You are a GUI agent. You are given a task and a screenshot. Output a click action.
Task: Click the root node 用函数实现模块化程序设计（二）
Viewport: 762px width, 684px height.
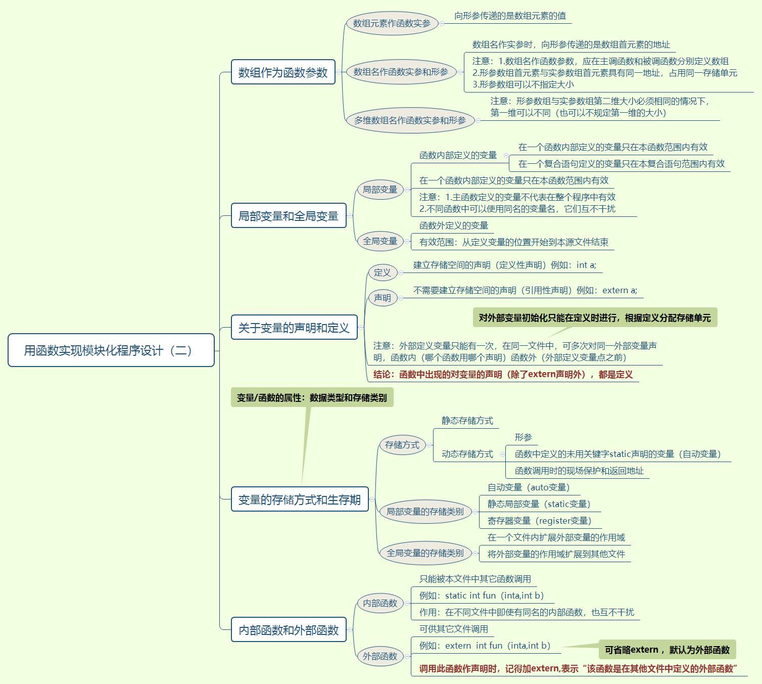pos(111,350)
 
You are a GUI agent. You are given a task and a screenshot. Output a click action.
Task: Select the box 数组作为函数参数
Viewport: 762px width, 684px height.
pos(283,72)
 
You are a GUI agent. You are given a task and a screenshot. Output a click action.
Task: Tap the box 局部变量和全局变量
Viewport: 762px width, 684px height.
pos(289,216)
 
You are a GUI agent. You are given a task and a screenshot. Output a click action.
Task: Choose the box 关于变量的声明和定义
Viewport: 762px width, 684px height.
pos(294,328)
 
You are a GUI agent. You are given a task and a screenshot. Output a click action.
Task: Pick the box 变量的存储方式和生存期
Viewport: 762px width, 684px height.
pos(300,499)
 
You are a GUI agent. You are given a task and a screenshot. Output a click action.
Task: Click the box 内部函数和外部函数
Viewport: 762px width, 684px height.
pos(289,630)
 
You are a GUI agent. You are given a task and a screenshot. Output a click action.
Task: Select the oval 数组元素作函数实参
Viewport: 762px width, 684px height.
pos(392,23)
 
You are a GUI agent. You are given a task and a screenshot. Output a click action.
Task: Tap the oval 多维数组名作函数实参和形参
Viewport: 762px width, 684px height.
pos(410,120)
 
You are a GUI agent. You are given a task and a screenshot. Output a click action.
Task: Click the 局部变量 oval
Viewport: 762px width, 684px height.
pos(380,190)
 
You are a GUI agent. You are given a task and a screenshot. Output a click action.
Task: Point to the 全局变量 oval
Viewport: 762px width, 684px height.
pos(380,241)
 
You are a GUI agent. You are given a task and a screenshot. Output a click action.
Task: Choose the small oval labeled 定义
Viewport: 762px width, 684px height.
pos(383,272)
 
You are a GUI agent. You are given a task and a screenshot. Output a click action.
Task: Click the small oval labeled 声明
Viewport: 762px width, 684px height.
pos(383,298)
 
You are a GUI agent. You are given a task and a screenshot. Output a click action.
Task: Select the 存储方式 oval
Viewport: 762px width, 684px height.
pos(402,445)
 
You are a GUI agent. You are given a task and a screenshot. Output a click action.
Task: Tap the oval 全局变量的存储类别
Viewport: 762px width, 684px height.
pos(425,553)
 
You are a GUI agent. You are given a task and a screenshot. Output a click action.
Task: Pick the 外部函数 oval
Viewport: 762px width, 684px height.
pos(380,656)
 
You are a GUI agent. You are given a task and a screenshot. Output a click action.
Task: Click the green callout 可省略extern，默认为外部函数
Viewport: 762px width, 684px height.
pos(667,650)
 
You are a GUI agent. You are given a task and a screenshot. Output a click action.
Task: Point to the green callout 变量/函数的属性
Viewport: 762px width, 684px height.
pos(312,398)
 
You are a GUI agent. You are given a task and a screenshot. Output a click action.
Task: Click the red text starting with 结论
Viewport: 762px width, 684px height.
pos(503,375)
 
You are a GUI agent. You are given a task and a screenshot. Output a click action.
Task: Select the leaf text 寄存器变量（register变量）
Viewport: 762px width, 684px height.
pos(539,521)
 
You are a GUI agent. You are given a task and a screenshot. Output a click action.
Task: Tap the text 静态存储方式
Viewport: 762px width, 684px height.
pos(467,421)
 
